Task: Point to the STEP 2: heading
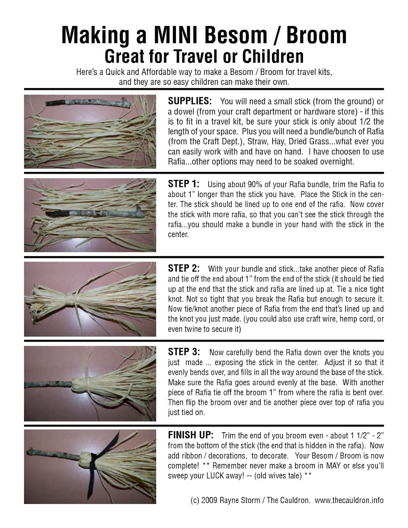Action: [184, 268]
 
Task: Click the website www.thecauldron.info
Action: [349, 500]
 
